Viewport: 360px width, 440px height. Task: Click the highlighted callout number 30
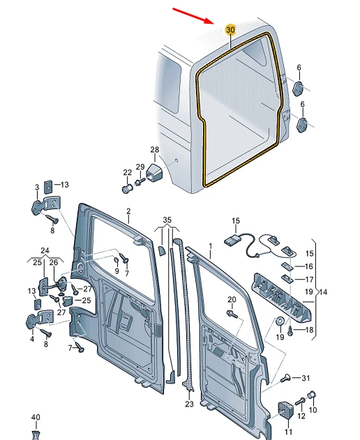point(230,30)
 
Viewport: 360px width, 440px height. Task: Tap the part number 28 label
point(155,150)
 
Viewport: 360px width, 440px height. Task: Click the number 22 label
point(126,172)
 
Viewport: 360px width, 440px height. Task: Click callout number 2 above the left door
point(128,211)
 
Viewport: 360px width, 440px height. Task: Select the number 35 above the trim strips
point(166,220)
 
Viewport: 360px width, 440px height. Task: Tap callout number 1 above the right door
point(209,247)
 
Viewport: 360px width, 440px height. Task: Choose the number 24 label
point(45,250)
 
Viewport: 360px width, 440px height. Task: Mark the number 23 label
point(189,404)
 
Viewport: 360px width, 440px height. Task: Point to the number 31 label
point(305,379)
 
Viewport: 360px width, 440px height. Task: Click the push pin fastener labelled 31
point(287,378)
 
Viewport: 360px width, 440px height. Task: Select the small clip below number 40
point(36,433)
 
